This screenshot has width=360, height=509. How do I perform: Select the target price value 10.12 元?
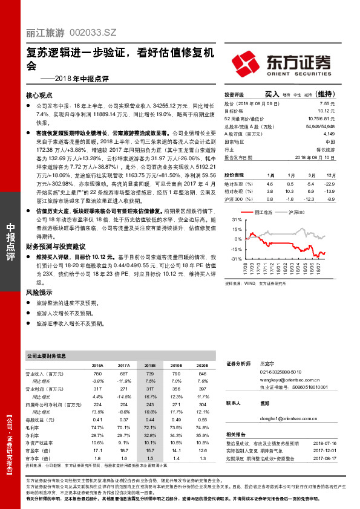tap(327, 111)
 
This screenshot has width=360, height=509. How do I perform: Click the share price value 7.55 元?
tap(327, 103)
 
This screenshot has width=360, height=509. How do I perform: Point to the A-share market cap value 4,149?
tap(329, 134)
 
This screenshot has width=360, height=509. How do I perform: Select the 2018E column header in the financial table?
tap(151, 366)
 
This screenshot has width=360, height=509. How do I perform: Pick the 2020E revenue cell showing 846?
tap(203, 375)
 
